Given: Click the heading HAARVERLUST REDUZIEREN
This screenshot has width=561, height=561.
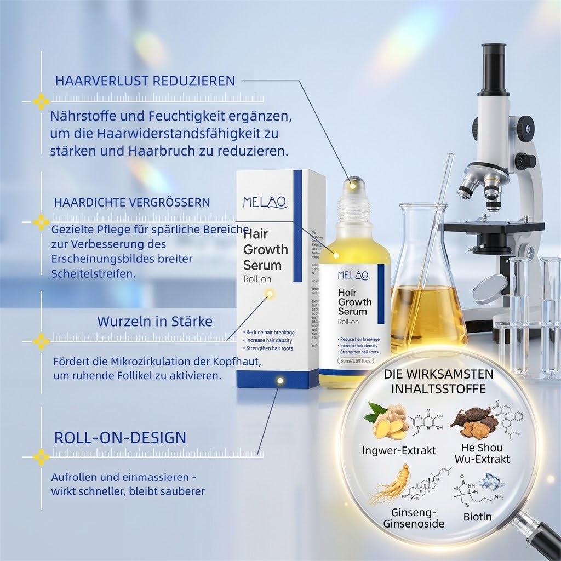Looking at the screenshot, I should pyautogui.click(x=145, y=82).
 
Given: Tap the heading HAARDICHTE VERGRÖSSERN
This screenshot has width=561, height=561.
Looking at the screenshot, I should pyautogui.click(x=131, y=202).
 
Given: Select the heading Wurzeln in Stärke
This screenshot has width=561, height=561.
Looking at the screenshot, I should pyautogui.click(x=154, y=321).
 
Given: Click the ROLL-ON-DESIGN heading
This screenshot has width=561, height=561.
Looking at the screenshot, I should pyautogui.click(x=120, y=438).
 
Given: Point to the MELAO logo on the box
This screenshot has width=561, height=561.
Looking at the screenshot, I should pyautogui.click(x=265, y=202).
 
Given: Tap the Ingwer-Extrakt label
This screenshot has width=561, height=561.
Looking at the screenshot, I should pyautogui.click(x=399, y=451).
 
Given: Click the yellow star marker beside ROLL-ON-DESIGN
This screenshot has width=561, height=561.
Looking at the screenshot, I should pyautogui.click(x=41, y=456).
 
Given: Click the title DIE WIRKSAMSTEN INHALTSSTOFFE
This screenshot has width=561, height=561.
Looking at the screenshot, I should pyautogui.click(x=438, y=381).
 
